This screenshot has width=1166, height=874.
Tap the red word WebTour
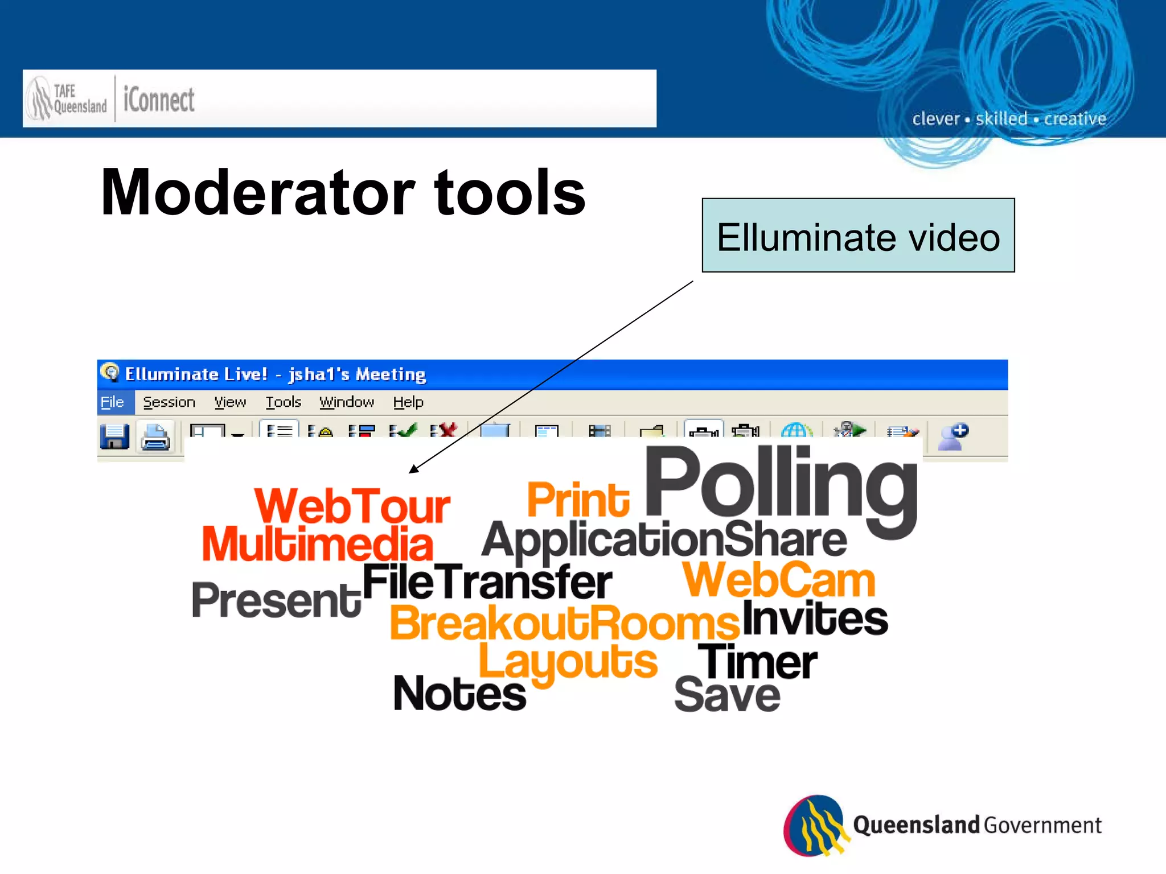(x=352, y=506)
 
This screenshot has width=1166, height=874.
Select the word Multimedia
(x=318, y=544)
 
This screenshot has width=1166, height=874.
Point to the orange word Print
(x=578, y=500)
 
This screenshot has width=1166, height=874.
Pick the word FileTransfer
(x=487, y=582)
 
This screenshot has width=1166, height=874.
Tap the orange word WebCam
(x=779, y=580)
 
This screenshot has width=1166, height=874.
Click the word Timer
(x=758, y=662)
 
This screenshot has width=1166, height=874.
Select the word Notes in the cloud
(x=460, y=694)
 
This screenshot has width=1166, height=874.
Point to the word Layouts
(x=568, y=662)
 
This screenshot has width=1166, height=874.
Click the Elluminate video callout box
(x=858, y=236)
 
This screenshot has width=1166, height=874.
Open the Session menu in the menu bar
(x=169, y=402)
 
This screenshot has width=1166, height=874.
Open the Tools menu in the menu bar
(x=283, y=402)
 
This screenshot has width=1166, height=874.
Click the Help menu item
(x=408, y=402)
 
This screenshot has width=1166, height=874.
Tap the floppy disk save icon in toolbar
(x=114, y=437)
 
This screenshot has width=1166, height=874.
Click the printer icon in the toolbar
(x=155, y=437)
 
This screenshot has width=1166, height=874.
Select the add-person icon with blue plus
(x=952, y=437)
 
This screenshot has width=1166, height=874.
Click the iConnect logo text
(x=159, y=100)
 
